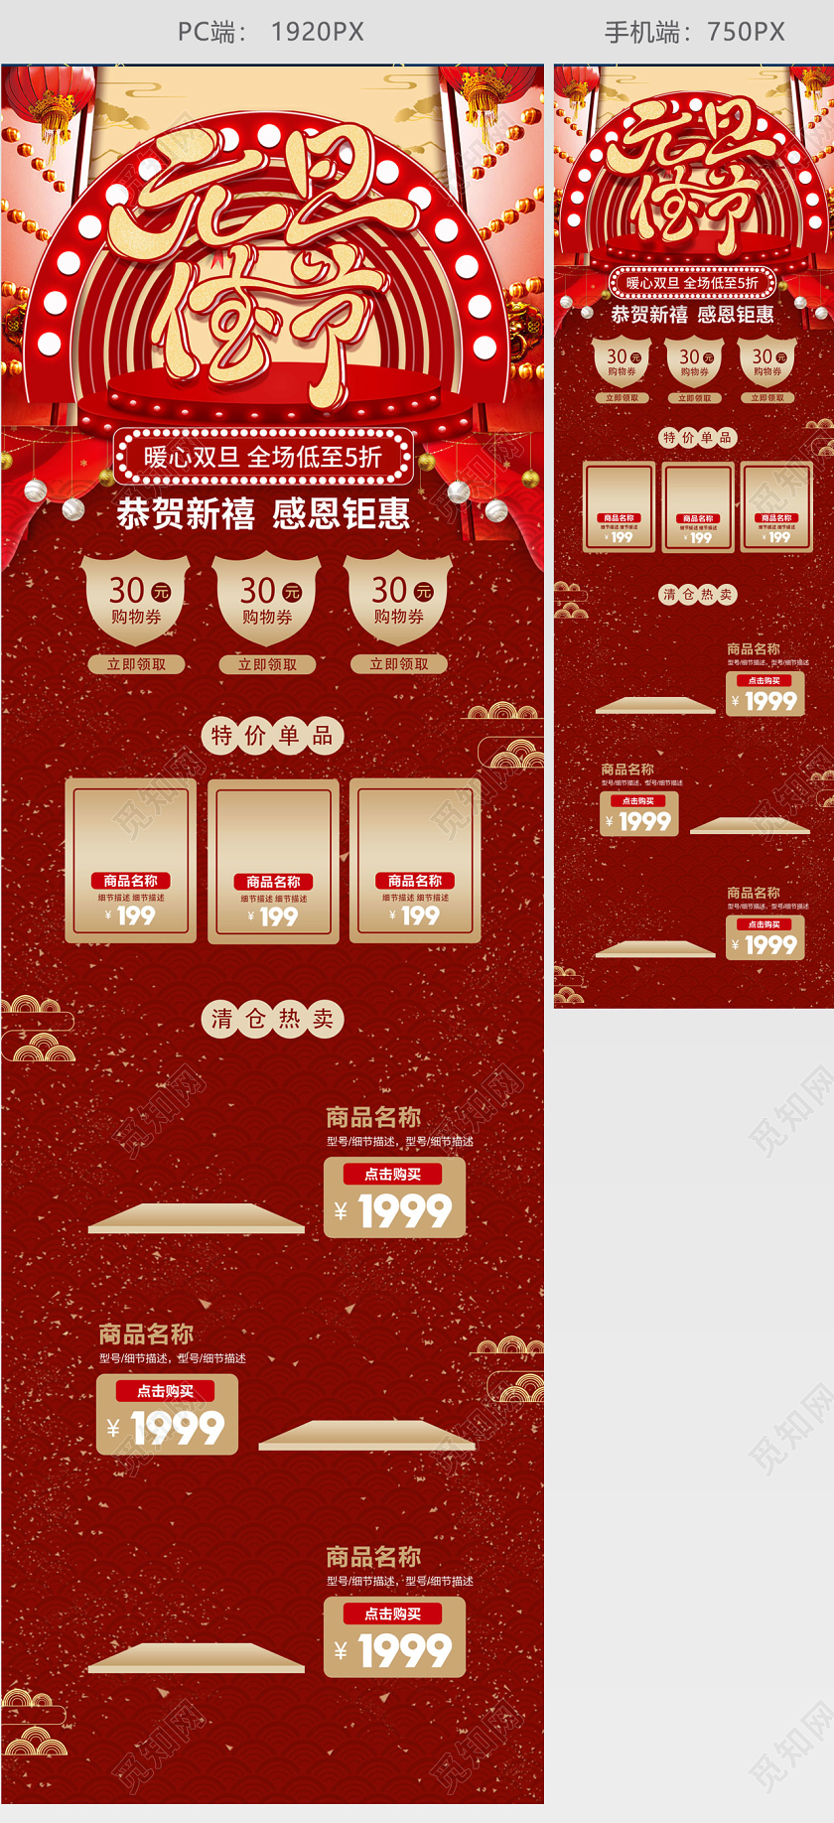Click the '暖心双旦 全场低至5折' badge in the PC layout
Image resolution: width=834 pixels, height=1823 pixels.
263,457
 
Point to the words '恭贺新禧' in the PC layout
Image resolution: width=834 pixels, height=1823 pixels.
186,514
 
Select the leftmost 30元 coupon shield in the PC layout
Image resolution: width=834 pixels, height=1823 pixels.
136,599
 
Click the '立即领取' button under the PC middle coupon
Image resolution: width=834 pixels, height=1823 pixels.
267,664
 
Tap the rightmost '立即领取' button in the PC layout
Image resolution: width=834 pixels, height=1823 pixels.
399,664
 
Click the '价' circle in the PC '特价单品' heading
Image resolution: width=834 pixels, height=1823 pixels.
255,736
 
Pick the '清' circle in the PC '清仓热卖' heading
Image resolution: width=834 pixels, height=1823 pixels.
221,1019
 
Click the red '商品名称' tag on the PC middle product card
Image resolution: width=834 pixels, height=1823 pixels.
273,882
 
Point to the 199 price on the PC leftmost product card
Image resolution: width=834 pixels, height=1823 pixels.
136,915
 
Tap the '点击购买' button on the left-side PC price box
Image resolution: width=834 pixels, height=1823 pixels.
165,1391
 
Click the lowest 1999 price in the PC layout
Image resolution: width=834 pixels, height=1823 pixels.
404,1651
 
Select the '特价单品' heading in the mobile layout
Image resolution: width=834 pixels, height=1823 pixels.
697,437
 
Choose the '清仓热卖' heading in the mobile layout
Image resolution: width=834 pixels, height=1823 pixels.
697,595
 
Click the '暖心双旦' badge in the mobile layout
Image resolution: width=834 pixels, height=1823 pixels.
692,283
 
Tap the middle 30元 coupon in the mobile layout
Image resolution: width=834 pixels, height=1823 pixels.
695,362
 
